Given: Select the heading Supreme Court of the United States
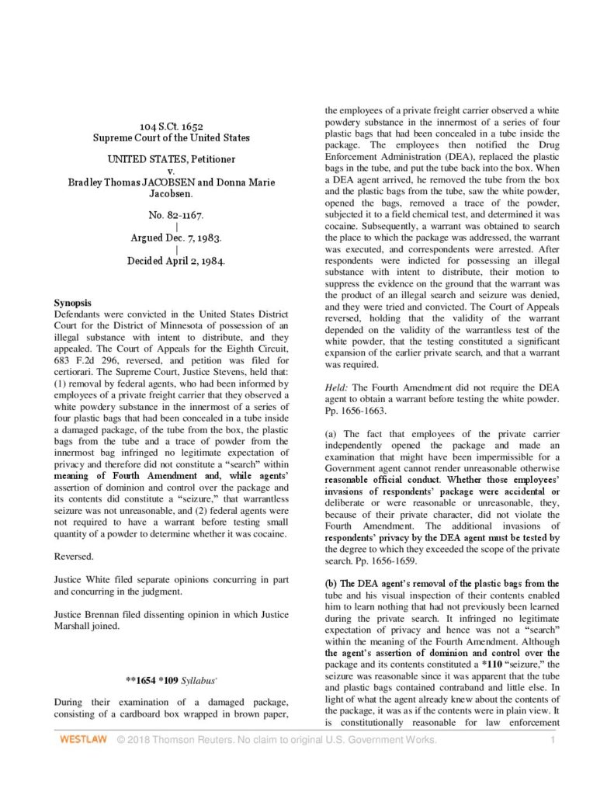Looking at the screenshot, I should pyautogui.click(x=171, y=137).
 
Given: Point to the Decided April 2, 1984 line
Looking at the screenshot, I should pyautogui.click(x=176, y=261).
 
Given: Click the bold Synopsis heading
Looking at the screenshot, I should pyautogui.click(x=72, y=301).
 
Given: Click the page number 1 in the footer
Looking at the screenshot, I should pyautogui.click(x=553, y=740).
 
